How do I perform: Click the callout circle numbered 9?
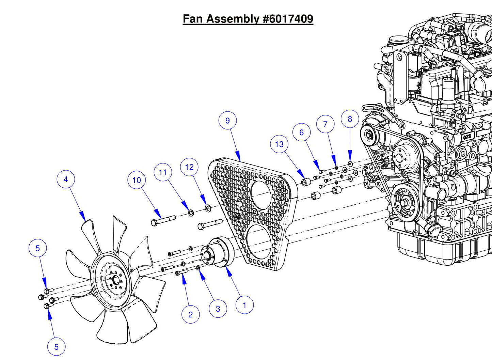pyautogui.click(x=227, y=120)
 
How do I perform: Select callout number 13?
pyautogui.click(x=279, y=144)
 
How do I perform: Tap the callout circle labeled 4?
pyautogui.click(x=66, y=179)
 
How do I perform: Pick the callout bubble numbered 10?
pyautogui.click(x=137, y=180)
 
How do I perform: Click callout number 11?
pyautogui.click(x=163, y=172)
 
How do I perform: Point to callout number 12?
pyautogui.click(x=189, y=167)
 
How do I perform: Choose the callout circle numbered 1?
pyautogui.click(x=244, y=305)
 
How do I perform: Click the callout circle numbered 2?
pyautogui.click(x=190, y=314)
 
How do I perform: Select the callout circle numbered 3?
pyautogui.click(x=218, y=309)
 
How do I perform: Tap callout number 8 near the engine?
pyautogui.click(x=350, y=119)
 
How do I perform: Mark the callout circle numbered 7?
pyautogui.click(x=325, y=124)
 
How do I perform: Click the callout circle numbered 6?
pyautogui.click(x=301, y=132)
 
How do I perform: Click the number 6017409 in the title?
pyautogui.click(x=288, y=18)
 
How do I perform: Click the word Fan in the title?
pyautogui.click(x=193, y=18)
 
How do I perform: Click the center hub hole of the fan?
pyautogui.click(x=115, y=281)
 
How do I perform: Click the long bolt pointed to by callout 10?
pyautogui.click(x=163, y=220)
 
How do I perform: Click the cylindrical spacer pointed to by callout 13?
pyautogui.click(x=305, y=182)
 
